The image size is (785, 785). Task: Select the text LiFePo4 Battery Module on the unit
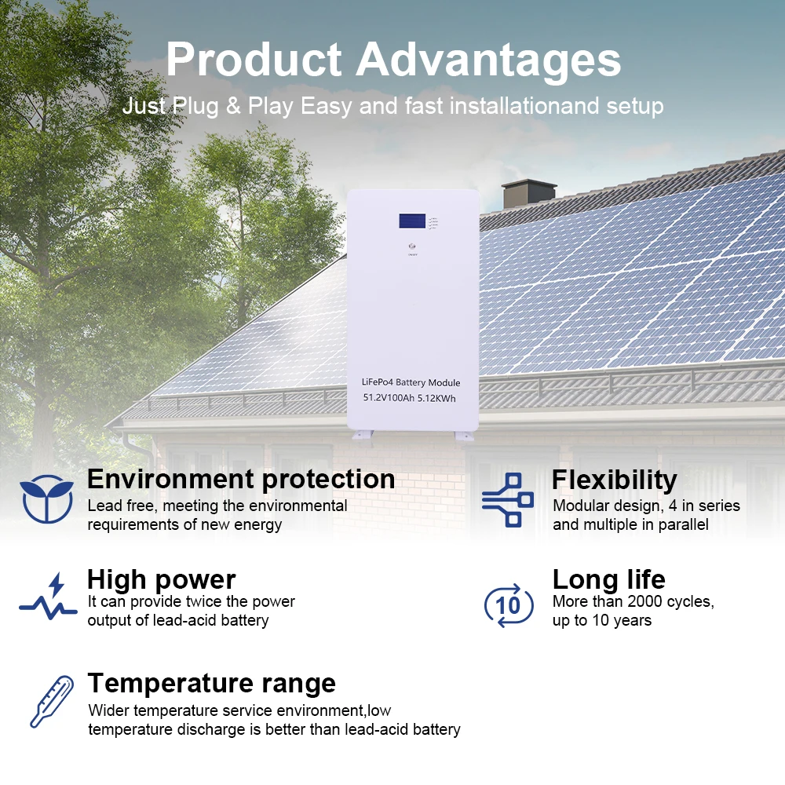click(411, 382)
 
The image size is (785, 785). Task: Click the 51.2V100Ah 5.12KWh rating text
click(409, 399)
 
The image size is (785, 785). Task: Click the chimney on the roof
click(528, 193)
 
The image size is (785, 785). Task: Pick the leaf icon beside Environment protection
click(47, 498)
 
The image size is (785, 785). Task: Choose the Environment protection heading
click(241, 480)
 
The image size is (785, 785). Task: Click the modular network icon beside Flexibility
click(508, 499)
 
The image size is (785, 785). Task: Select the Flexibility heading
click(614, 480)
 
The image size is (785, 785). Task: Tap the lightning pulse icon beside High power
click(49, 598)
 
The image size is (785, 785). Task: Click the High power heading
click(161, 580)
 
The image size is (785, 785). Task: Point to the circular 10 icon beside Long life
click(508, 604)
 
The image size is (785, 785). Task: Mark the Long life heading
click(608, 580)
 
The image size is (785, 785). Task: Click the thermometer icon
click(50, 701)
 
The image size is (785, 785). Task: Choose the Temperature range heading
click(211, 683)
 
